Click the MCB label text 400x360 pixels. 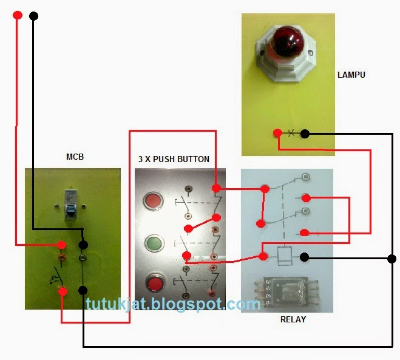pyautogui.click(x=74, y=157)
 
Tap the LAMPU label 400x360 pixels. pyautogui.click(x=351, y=75)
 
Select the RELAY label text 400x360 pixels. pyautogui.click(x=293, y=319)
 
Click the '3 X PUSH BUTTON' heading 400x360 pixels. pyautogui.click(x=174, y=159)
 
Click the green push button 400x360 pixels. pyautogui.click(x=153, y=244)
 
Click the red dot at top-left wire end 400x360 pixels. pyautogui.click(x=17, y=15)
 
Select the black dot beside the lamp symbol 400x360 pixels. pyautogui.click(x=305, y=134)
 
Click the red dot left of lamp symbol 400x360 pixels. pyautogui.click(x=277, y=133)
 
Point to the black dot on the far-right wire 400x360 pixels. pyautogui.click(x=392, y=259)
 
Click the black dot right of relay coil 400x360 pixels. pyautogui.click(x=304, y=257)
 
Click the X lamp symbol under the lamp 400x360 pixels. pyautogui.click(x=291, y=133)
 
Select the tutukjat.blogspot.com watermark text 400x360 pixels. pyautogui.click(x=173, y=304)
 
